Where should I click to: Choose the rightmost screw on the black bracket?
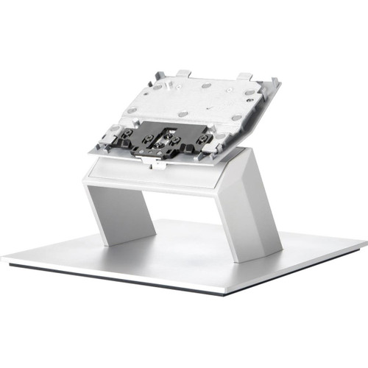[205, 138]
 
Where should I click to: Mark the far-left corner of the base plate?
[4, 259]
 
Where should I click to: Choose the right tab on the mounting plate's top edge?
[244, 76]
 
